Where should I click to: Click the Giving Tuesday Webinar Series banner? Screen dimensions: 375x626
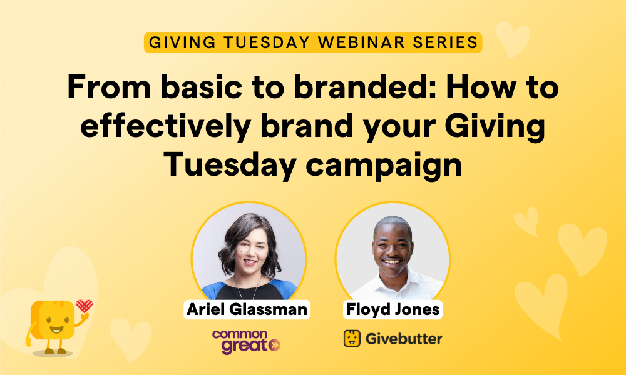312,42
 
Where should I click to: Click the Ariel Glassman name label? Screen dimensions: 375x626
248,309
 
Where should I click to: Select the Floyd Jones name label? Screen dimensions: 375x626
392,309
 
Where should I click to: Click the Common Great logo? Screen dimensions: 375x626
246,341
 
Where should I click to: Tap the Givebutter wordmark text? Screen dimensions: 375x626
402,339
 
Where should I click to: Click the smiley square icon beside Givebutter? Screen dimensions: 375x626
352,338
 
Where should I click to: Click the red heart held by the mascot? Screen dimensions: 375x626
84,306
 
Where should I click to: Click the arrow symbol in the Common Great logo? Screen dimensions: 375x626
274,345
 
